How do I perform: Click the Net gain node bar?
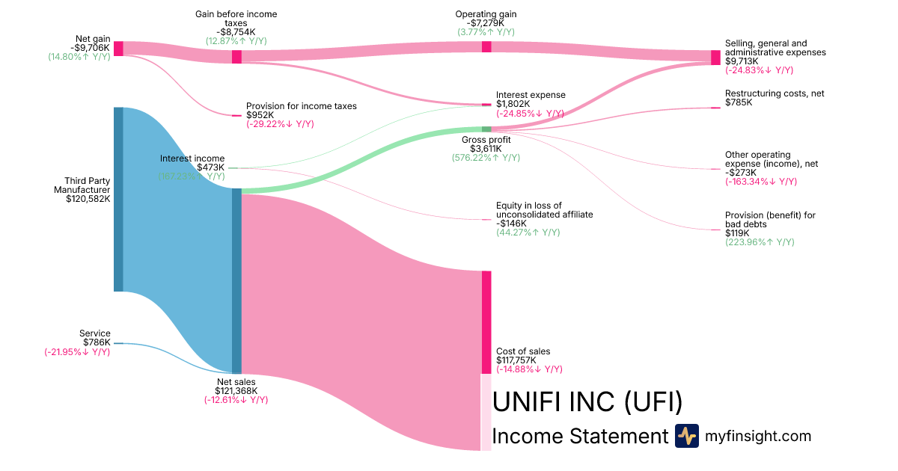tap(118, 49)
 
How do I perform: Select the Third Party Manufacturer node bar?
tap(118, 199)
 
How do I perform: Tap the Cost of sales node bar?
tap(486, 321)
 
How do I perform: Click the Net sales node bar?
tap(236, 280)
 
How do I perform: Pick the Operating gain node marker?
tap(486, 46)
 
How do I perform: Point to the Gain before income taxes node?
tap(236, 57)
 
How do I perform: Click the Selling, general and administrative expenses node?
tap(715, 58)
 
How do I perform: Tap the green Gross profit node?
tap(486, 129)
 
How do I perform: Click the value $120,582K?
tap(88, 199)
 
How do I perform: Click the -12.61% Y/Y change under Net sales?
tap(236, 400)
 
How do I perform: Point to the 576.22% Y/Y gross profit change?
tap(486, 158)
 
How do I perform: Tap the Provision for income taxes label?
tap(302, 106)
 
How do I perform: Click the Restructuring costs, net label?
tap(775, 93)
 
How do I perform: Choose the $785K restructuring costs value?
tap(739, 102)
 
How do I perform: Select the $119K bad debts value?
tap(738, 233)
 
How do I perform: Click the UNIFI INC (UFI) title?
tap(587, 402)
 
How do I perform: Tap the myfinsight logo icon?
tap(686, 436)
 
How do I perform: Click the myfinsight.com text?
tap(758, 436)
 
